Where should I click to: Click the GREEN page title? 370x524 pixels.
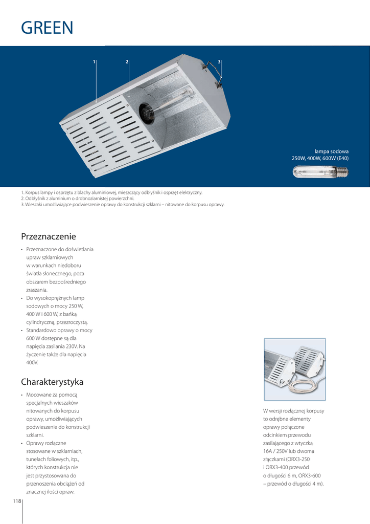pyautogui.click(x=47, y=28)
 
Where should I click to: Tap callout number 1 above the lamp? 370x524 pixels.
pyautogui.click(x=94, y=62)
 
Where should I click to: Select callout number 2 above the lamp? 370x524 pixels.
pyautogui.click(x=127, y=62)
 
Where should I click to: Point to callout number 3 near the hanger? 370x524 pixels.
pyautogui.click(x=219, y=62)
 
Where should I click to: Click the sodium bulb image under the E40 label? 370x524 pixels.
pyautogui.click(x=320, y=172)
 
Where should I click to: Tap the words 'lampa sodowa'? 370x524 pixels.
pyautogui.click(x=331, y=151)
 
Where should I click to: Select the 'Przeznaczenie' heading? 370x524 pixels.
pyautogui.click(x=49, y=236)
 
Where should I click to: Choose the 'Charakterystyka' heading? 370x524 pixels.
pyautogui.click(x=52, y=382)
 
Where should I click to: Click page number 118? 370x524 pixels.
pyautogui.click(x=16, y=501)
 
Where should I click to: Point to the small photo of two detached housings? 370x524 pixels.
pyautogui.click(x=294, y=369)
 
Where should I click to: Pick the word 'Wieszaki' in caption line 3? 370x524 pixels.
pyautogui.click(x=34, y=204)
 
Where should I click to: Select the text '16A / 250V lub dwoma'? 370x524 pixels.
pyautogui.click(x=288, y=451)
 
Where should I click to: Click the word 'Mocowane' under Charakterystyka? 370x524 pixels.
pyautogui.click(x=41, y=395)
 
